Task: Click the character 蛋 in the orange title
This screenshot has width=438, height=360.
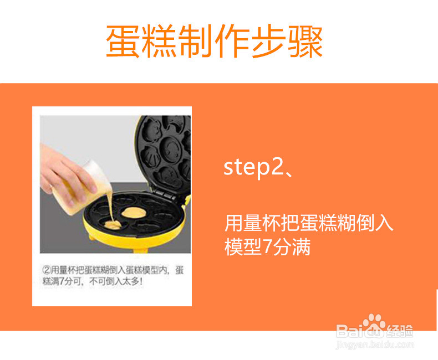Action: coord(123,41)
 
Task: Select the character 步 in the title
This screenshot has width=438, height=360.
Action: coord(268,41)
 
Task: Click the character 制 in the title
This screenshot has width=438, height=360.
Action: coord(196,41)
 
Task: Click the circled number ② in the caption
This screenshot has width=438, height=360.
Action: coord(47,270)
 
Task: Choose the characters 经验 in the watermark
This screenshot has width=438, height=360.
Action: coord(400,332)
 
